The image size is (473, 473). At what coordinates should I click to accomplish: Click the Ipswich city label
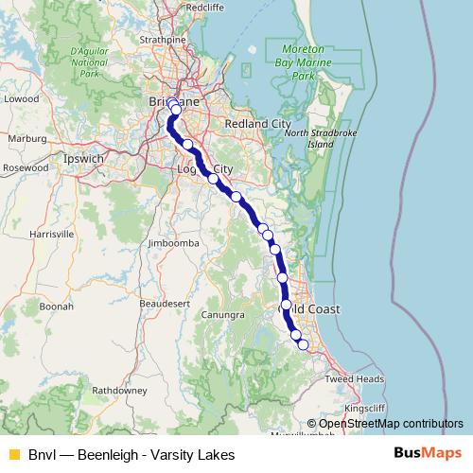[x=83, y=159]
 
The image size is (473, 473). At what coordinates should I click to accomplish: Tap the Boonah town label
[x=56, y=307]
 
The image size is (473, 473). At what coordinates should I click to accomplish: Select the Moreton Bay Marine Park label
[x=305, y=61]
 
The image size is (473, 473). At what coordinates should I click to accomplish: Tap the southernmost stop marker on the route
[x=303, y=344]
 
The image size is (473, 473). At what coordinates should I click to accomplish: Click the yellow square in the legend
[x=13, y=454]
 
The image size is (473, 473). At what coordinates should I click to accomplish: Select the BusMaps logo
[x=428, y=454]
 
